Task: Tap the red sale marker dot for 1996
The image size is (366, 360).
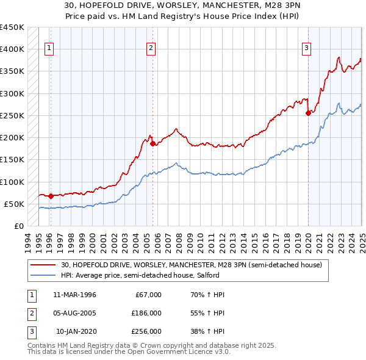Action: [x=51, y=196]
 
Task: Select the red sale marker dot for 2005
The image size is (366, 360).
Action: [x=152, y=144]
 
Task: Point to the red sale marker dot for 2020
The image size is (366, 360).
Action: [x=309, y=112]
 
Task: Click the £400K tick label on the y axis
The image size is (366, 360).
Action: [x=12, y=49]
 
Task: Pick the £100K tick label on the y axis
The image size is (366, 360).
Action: [x=12, y=182]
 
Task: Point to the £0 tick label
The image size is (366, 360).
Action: [x=19, y=226]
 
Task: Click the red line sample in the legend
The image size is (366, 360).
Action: [x=43, y=264]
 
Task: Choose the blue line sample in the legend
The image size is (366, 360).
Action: [x=43, y=275]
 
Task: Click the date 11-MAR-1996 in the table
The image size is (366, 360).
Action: [x=74, y=295]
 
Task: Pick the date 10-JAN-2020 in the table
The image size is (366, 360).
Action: [x=76, y=331]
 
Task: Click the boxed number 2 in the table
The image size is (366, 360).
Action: [x=30, y=313]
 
